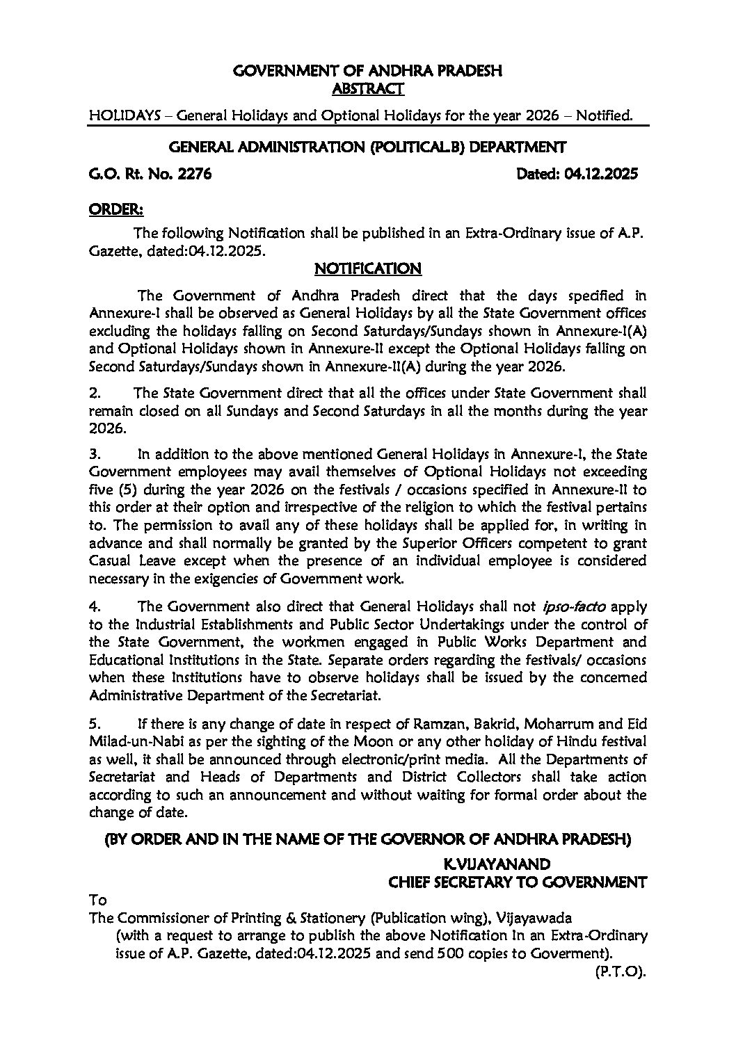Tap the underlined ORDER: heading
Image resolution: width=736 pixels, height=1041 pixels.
point(116,209)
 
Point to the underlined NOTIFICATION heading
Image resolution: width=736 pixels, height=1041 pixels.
point(368,268)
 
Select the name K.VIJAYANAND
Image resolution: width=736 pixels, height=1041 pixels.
point(498,864)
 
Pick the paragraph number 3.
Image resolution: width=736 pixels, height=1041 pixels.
point(96,454)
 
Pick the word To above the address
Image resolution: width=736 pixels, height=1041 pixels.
point(98,900)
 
